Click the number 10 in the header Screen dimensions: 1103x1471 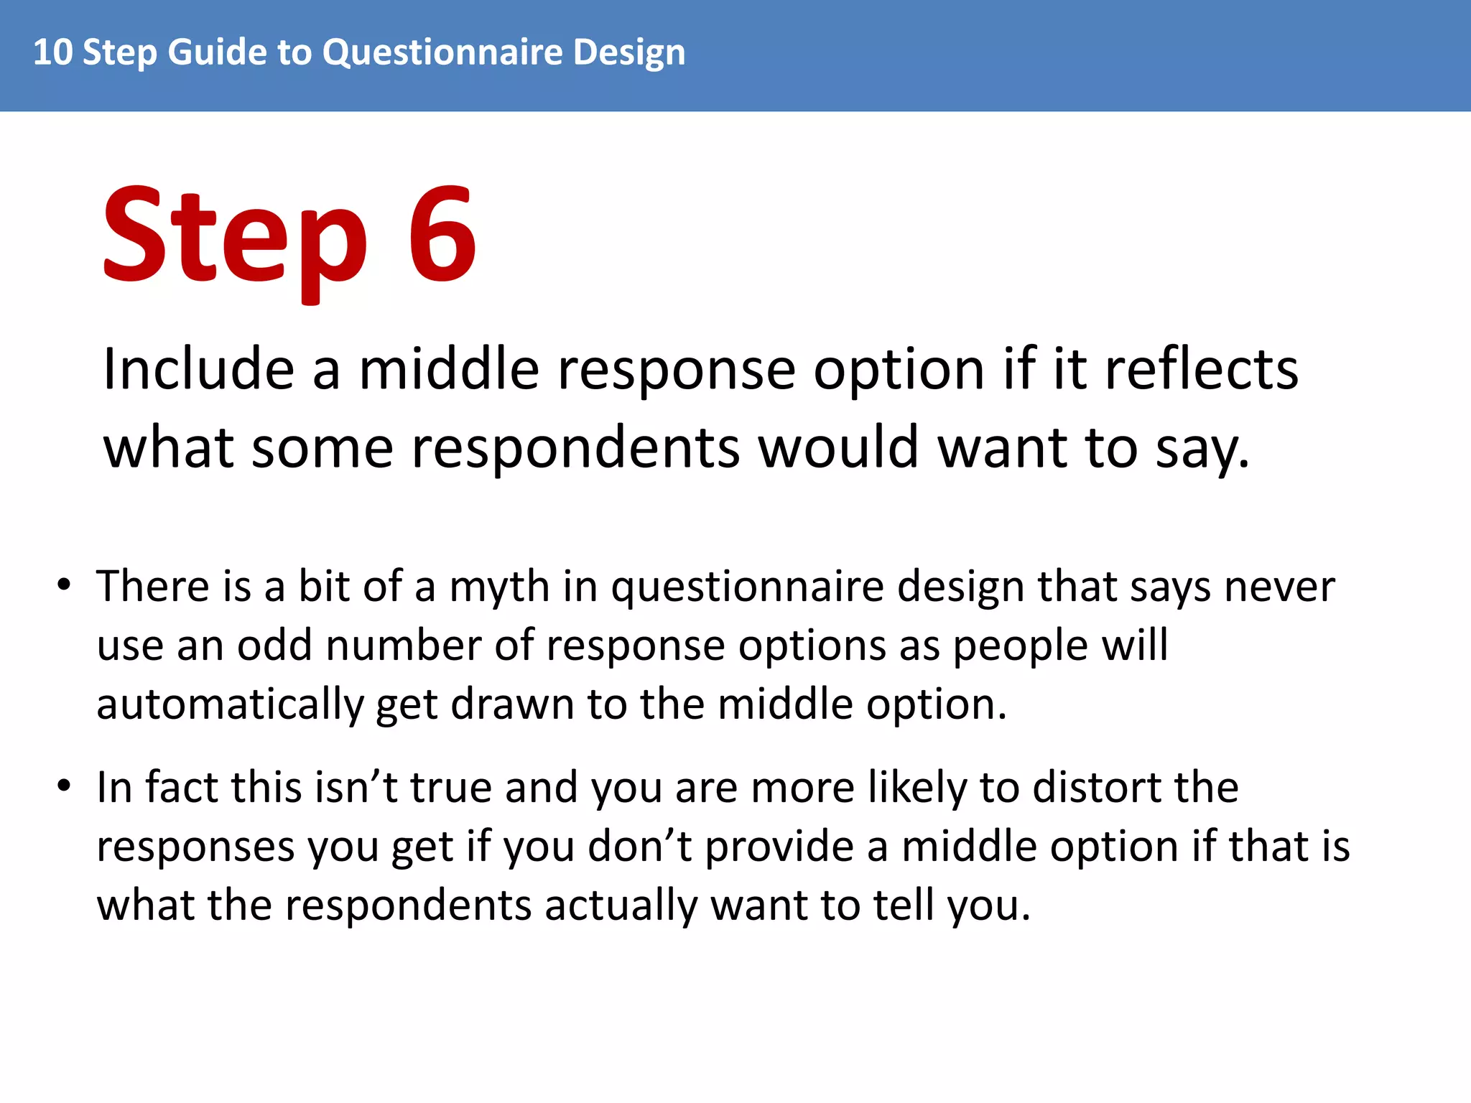coord(52,52)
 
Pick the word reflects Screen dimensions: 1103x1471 coord(1202,369)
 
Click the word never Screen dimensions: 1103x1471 coord(1279,587)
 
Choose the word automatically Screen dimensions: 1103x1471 coord(230,705)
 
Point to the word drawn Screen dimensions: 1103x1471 coord(512,704)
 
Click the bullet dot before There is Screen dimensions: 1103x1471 coord(65,585)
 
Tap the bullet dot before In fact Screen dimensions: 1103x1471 coord(65,786)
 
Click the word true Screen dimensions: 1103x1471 coord(450,787)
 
